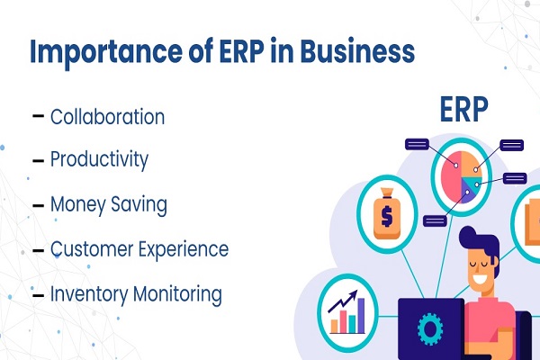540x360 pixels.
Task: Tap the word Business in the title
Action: click(357, 50)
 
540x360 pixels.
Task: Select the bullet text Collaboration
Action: click(107, 116)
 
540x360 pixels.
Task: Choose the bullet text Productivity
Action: click(99, 160)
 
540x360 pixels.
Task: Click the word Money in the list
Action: click(77, 205)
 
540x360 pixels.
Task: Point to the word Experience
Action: click(183, 250)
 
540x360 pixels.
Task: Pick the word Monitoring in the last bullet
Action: click(177, 295)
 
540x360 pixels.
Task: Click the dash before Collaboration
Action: click(38, 116)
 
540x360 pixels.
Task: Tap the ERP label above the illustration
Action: click(463, 109)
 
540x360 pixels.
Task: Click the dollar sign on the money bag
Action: click(387, 216)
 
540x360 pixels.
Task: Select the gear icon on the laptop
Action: click(430, 329)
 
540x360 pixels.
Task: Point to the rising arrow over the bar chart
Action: click(343, 301)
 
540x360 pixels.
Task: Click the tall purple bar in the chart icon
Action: click(361, 315)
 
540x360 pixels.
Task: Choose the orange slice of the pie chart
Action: click(471, 165)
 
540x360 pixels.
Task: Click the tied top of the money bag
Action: click(387, 193)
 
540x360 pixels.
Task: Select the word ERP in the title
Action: click(242, 50)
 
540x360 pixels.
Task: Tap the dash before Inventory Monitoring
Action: click(38, 295)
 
